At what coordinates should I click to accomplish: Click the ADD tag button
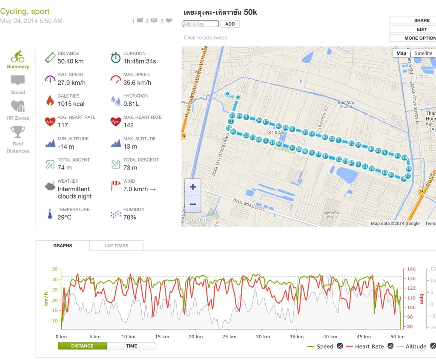click(x=230, y=24)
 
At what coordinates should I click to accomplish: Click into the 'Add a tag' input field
click(x=201, y=24)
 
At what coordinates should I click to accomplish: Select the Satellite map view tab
click(x=423, y=53)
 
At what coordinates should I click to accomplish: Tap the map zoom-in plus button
click(x=193, y=187)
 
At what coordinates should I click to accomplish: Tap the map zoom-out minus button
click(x=193, y=204)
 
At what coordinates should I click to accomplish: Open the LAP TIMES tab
click(x=116, y=246)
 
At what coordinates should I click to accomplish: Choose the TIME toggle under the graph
click(x=132, y=346)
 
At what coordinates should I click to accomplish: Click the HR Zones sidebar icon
click(x=18, y=106)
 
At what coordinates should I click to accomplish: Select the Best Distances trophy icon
click(x=18, y=132)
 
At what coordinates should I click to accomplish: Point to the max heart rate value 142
click(x=128, y=125)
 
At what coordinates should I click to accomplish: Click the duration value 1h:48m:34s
click(x=140, y=61)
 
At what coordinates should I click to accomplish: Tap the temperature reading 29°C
click(x=65, y=217)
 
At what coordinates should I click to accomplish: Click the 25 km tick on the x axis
click(x=229, y=337)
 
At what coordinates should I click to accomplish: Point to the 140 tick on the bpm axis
click(x=411, y=269)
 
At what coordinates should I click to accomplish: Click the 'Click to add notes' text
click(x=205, y=37)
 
